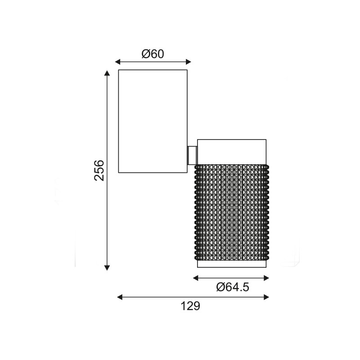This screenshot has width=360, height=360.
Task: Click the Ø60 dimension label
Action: click(x=153, y=54)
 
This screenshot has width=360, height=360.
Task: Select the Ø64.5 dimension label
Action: click(x=232, y=287)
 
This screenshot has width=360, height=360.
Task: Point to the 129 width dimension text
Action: click(x=190, y=306)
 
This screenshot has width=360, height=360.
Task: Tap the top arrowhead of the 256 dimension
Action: click(x=107, y=73)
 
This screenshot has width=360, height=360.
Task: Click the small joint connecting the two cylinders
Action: click(x=192, y=155)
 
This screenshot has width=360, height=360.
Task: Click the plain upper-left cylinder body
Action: click(x=153, y=121)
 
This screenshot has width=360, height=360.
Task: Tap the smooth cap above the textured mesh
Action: click(x=232, y=152)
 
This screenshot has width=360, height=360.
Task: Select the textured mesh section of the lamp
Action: click(x=232, y=211)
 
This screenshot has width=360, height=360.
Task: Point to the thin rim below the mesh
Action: click(x=232, y=264)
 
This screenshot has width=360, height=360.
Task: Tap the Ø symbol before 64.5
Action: click(x=220, y=287)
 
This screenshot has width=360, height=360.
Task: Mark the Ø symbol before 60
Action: click(x=145, y=54)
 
